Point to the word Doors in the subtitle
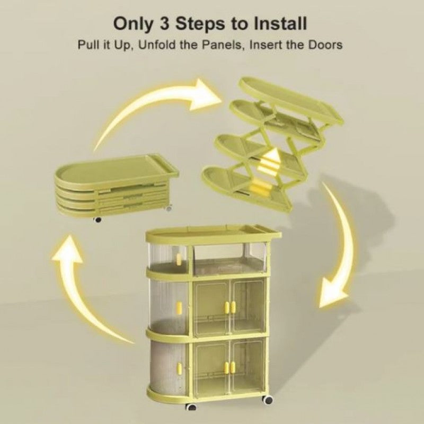pos(324,44)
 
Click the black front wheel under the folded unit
pos(97,219)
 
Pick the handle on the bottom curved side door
pos(179,366)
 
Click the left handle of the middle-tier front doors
pos(226,307)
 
